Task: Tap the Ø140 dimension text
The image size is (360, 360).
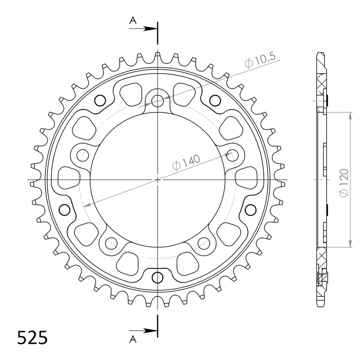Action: (x=186, y=163)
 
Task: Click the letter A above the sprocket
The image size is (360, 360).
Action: (x=133, y=20)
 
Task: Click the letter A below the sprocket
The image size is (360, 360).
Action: (x=133, y=338)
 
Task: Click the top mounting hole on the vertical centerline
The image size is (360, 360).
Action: (x=157, y=101)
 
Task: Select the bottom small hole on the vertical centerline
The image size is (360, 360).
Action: (x=157, y=276)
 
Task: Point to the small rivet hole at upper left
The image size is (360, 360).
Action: (x=100, y=100)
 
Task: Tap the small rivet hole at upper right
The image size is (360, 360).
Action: (x=215, y=100)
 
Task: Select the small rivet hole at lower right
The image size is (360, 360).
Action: (x=250, y=208)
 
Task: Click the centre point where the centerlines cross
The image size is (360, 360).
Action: (x=157, y=180)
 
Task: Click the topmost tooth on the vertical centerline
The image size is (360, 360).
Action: (x=157, y=56)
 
